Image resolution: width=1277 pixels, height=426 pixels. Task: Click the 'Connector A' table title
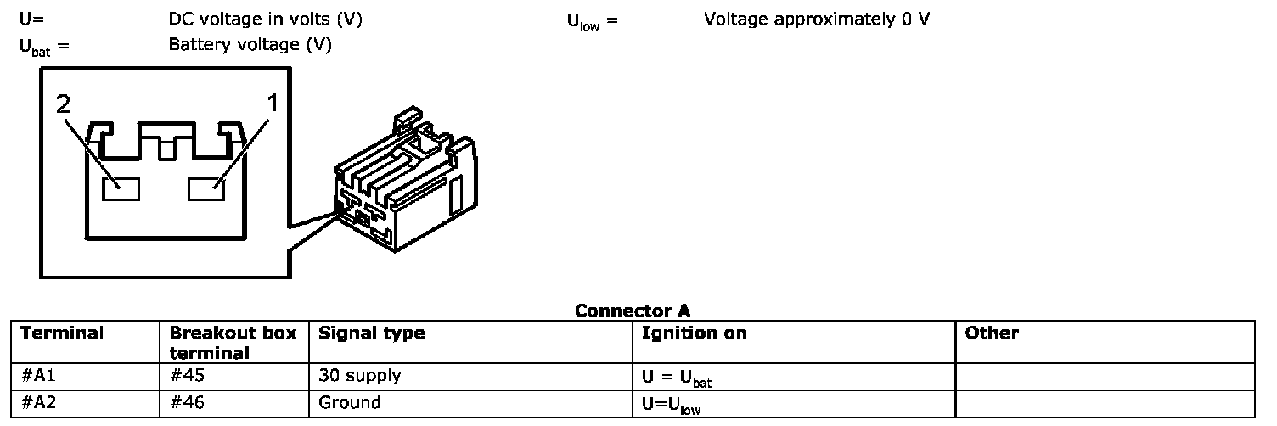pyautogui.click(x=632, y=311)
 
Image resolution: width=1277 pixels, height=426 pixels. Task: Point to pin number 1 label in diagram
pyautogui.click(x=273, y=104)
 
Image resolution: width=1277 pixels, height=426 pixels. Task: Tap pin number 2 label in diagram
pyautogui.click(x=63, y=104)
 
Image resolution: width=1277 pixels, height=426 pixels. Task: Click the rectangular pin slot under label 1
pyautogui.click(x=206, y=189)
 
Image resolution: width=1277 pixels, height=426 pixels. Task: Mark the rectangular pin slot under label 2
pyautogui.click(x=121, y=189)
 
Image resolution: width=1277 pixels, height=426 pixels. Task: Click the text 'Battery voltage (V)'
pyautogui.click(x=250, y=45)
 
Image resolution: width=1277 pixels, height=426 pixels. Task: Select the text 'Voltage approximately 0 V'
pyautogui.click(x=816, y=19)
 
